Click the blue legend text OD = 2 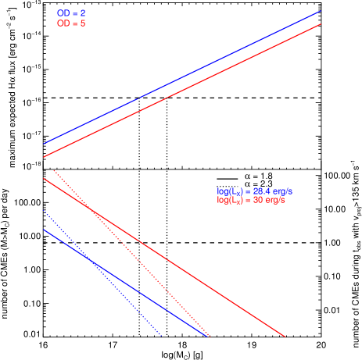coord(71,14)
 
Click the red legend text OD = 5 coord(71,24)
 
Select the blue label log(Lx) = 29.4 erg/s coord(254,191)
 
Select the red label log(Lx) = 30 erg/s coord(251,201)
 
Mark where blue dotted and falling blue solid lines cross coord(90,258)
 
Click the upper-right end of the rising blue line coord(321,12)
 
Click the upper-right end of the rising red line coord(321,24)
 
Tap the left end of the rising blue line coord(44,144)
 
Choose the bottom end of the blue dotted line coord(162,336)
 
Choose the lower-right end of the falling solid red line coord(285,337)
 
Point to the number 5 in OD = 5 coord(83,24)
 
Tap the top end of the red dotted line coord(53,169)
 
